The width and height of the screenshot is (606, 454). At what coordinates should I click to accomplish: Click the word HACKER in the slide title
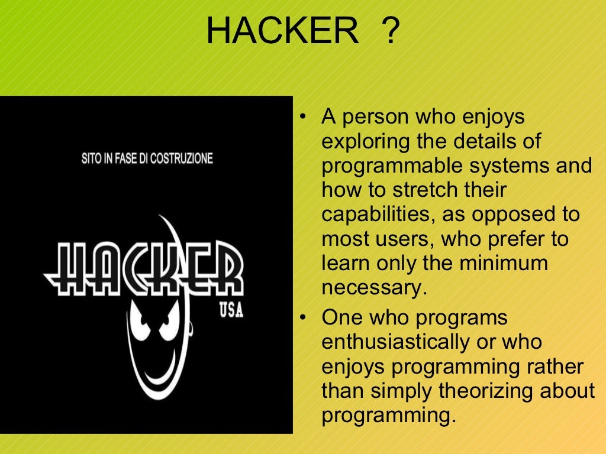pos(282,31)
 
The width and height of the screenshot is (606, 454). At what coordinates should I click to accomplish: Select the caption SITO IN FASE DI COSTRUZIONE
pos(147,158)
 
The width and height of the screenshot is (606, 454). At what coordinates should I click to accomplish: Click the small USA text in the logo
pos(231,311)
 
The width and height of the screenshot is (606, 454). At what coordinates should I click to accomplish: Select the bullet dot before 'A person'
pos(302,117)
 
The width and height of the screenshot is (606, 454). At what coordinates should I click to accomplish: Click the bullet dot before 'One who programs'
pos(302,318)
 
